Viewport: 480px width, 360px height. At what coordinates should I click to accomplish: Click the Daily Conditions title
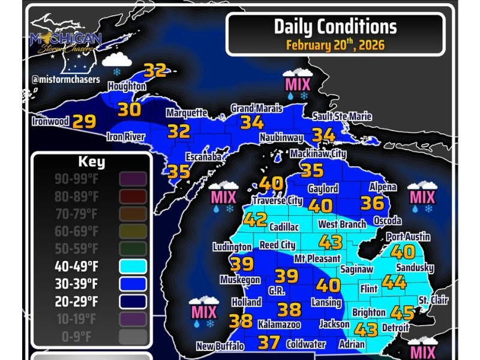coord(335,26)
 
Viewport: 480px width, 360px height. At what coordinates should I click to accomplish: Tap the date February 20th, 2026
coord(335,44)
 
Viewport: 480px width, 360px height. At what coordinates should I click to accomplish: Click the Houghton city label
coord(127,86)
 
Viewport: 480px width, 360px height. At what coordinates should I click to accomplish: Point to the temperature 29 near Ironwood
coord(84,122)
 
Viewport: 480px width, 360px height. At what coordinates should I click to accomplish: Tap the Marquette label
coord(187,113)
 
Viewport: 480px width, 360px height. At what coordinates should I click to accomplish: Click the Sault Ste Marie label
coord(342,116)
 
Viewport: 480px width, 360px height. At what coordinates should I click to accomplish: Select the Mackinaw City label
coord(318,154)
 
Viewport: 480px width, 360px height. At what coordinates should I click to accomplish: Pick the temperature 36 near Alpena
coord(372,203)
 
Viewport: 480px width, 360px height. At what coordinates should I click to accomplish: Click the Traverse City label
coord(277,200)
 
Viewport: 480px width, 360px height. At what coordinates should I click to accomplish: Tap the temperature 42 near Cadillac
coord(256,220)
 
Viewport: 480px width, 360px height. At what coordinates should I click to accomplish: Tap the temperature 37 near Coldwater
coord(269,343)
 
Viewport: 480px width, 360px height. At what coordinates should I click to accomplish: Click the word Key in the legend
coord(91,162)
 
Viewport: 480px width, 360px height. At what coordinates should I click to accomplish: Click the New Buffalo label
coord(220,346)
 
